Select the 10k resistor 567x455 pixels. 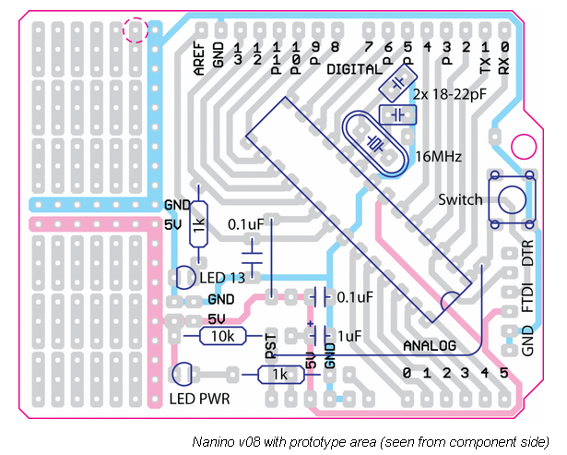pyautogui.click(x=222, y=337)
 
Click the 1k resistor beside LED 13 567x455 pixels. pyautogui.click(x=199, y=224)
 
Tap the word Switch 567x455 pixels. pyautogui.click(x=460, y=199)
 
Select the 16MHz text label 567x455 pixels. pyautogui.click(x=439, y=155)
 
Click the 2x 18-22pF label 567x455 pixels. pyautogui.click(x=451, y=94)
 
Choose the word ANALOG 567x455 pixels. pyautogui.click(x=431, y=345)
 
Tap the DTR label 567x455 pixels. pyautogui.click(x=528, y=257)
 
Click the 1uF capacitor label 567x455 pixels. pyautogui.click(x=350, y=337)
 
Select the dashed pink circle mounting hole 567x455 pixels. pyautogui.click(x=136, y=30)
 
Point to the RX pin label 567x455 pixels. pyautogui.click(x=503, y=63)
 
